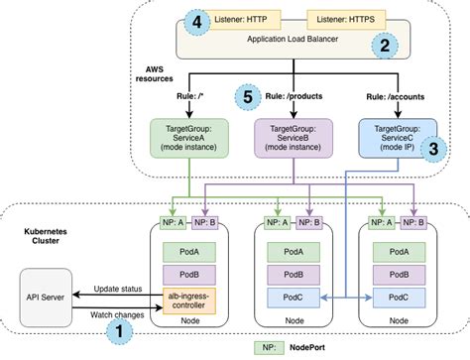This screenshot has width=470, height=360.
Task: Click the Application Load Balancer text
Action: pyautogui.click(x=291, y=42)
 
